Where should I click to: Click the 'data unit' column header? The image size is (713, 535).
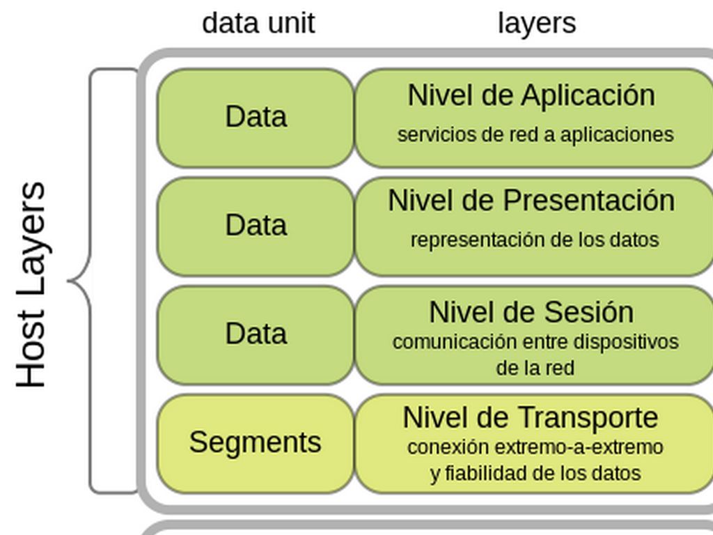pos(258,23)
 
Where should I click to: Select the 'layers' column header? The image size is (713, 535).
pos(537,23)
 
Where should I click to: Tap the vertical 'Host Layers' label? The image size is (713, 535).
pos(31,284)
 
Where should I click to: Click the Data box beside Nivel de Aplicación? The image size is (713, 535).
pos(256,117)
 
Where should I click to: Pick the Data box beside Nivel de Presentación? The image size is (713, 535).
pos(256,226)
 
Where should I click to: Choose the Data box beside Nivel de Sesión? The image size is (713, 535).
pos(256,334)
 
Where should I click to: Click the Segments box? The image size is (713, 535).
pos(255,443)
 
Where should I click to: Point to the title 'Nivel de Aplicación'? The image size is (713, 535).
pos(531,95)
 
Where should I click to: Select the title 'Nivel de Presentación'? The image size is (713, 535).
pos(531,201)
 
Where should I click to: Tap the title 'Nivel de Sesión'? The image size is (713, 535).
pos(531,312)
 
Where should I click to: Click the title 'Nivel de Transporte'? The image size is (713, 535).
pos(530,418)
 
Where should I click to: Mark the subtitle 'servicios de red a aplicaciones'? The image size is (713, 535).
pos(535,134)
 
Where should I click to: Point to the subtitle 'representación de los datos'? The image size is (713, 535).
pos(534,240)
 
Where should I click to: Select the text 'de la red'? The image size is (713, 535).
pos(535,368)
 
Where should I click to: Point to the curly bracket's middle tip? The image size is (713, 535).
pos(70,281)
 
